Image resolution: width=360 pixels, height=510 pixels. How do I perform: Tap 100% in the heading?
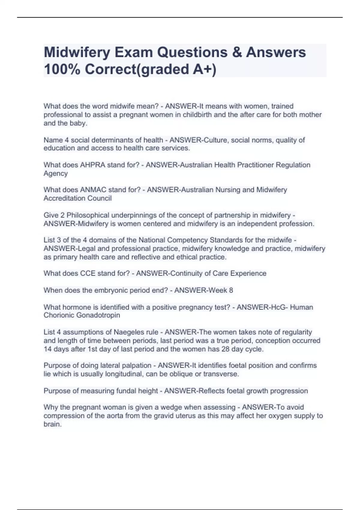coord(61,69)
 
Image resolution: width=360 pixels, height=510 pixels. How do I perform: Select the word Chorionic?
coord(59,315)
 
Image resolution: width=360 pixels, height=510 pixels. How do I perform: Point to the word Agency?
coord(55,174)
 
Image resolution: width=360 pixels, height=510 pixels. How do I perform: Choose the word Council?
coord(99,198)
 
